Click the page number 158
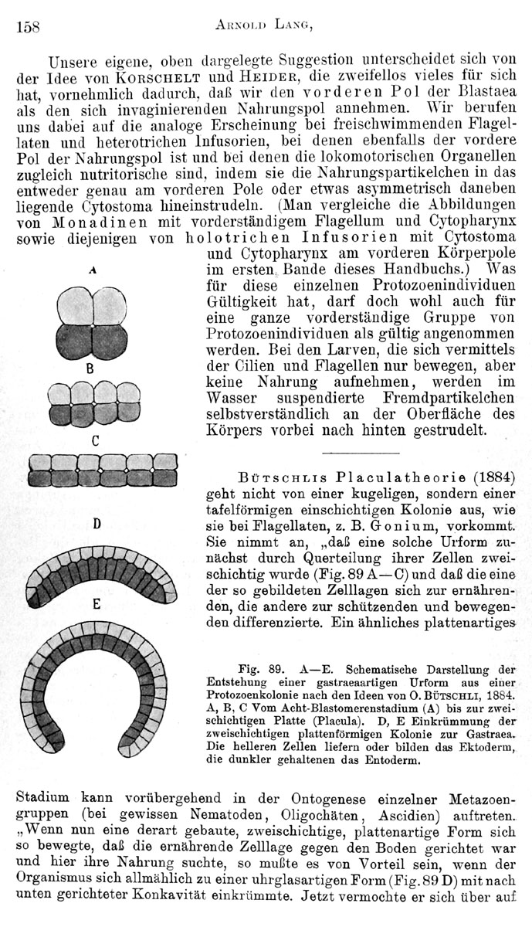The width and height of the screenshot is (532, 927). tap(28, 25)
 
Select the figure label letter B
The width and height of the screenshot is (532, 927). tap(90, 369)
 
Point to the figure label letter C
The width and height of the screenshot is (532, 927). tap(95, 441)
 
